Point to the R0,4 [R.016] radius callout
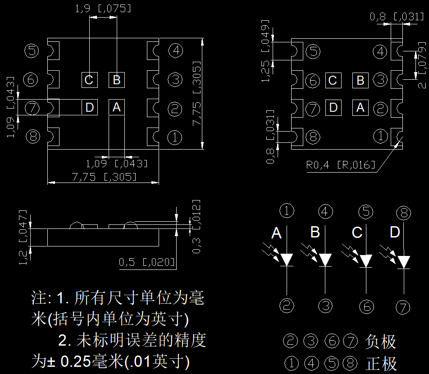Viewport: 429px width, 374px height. (x=340, y=165)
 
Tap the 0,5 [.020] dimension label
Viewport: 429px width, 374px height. (x=147, y=262)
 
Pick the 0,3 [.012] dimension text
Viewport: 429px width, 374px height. (x=196, y=226)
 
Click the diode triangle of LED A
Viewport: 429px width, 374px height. (x=288, y=260)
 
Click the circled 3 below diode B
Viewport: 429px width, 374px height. (x=325, y=306)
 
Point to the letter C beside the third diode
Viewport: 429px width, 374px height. (x=357, y=233)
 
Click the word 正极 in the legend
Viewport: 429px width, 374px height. (x=381, y=363)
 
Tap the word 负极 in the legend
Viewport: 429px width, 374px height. (x=381, y=342)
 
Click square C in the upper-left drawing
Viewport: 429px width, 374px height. (x=89, y=80)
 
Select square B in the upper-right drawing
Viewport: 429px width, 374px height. (x=361, y=81)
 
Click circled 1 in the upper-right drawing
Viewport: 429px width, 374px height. (x=381, y=136)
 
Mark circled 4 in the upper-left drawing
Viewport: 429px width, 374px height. (x=175, y=50)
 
